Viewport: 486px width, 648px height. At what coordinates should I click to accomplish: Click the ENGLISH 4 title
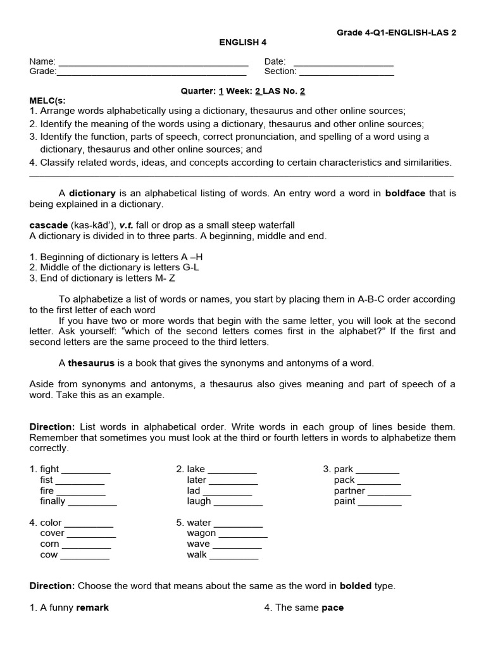(243, 42)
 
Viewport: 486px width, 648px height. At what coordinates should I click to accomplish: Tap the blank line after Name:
(153, 63)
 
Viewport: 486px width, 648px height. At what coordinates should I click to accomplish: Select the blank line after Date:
(344, 63)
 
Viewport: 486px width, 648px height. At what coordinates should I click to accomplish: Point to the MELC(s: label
(47, 101)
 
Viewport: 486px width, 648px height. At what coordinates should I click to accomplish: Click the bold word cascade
(48, 225)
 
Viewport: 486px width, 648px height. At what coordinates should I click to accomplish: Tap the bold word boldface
(406, 193)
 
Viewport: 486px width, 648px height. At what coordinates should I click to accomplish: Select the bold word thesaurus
(91, 363)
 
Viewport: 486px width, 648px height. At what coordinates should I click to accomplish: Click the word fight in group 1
(49, 469)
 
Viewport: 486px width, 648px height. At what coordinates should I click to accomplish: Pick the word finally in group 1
(53, 501)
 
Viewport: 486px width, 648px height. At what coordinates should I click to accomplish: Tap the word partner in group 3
(349, 490)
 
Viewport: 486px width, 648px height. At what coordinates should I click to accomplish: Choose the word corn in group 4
(49, 544)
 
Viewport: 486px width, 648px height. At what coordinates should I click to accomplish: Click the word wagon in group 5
(201, 533)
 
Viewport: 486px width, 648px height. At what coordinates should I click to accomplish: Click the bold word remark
(92, 607)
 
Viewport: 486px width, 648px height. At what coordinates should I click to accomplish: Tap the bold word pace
(332, 607)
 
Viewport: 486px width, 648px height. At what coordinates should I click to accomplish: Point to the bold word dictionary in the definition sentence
(92, 193)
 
